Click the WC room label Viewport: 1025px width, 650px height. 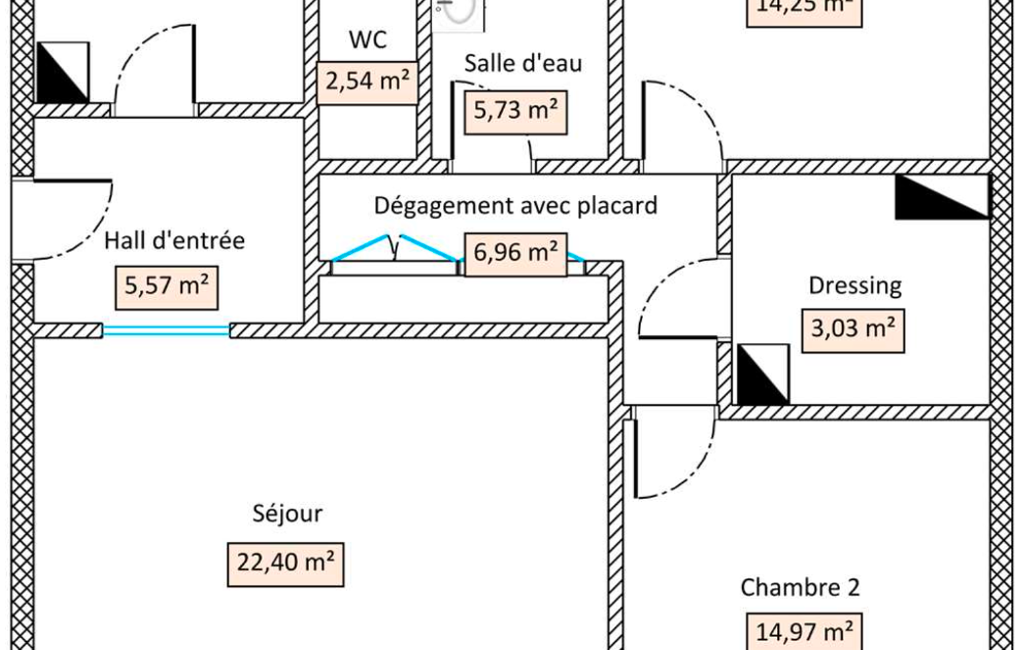[x=368, y=40]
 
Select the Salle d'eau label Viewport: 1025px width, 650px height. [x=523, y=63]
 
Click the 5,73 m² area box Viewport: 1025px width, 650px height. [x=515, y=111]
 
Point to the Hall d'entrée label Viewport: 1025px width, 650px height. [x=175, y=240]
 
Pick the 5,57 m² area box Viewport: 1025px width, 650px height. [x=166, y=287]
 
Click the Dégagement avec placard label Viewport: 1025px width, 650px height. [x=516, y=206]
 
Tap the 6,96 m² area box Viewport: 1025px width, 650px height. [x=515, y=251]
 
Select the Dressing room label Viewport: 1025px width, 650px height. [x=855, y=286]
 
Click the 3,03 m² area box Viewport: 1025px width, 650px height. [x=853, y=329]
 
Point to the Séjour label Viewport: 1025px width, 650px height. [x=287, y=514]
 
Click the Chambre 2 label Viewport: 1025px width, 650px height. [x=800, y=587]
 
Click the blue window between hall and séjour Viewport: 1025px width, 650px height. [x=166, y=330]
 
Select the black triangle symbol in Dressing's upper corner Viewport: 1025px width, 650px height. [x=941, y=197]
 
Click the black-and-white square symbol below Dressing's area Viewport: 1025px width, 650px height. [x=763, y=374]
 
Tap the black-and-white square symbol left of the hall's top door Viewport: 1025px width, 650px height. [x=62, y=72]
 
